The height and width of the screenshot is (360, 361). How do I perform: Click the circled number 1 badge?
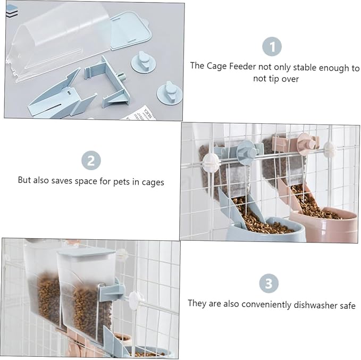pos(272,46)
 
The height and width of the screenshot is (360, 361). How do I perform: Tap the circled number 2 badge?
pos(91,160)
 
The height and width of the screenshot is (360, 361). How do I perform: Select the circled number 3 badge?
pos(268,283)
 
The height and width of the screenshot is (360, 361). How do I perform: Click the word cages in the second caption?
pos(153,182)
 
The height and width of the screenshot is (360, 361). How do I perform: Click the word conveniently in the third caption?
pos(266,304)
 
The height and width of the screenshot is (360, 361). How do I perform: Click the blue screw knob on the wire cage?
pos(248,152)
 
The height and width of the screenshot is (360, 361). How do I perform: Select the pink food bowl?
pos(324,224)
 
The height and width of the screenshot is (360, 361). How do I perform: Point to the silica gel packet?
pos(140,114)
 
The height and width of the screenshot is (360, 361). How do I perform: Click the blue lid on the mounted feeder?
pos(86,252)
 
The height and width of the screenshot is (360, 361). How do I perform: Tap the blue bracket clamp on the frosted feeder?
pos(111,289)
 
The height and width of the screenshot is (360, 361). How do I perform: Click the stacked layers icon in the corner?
pos(12,11)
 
